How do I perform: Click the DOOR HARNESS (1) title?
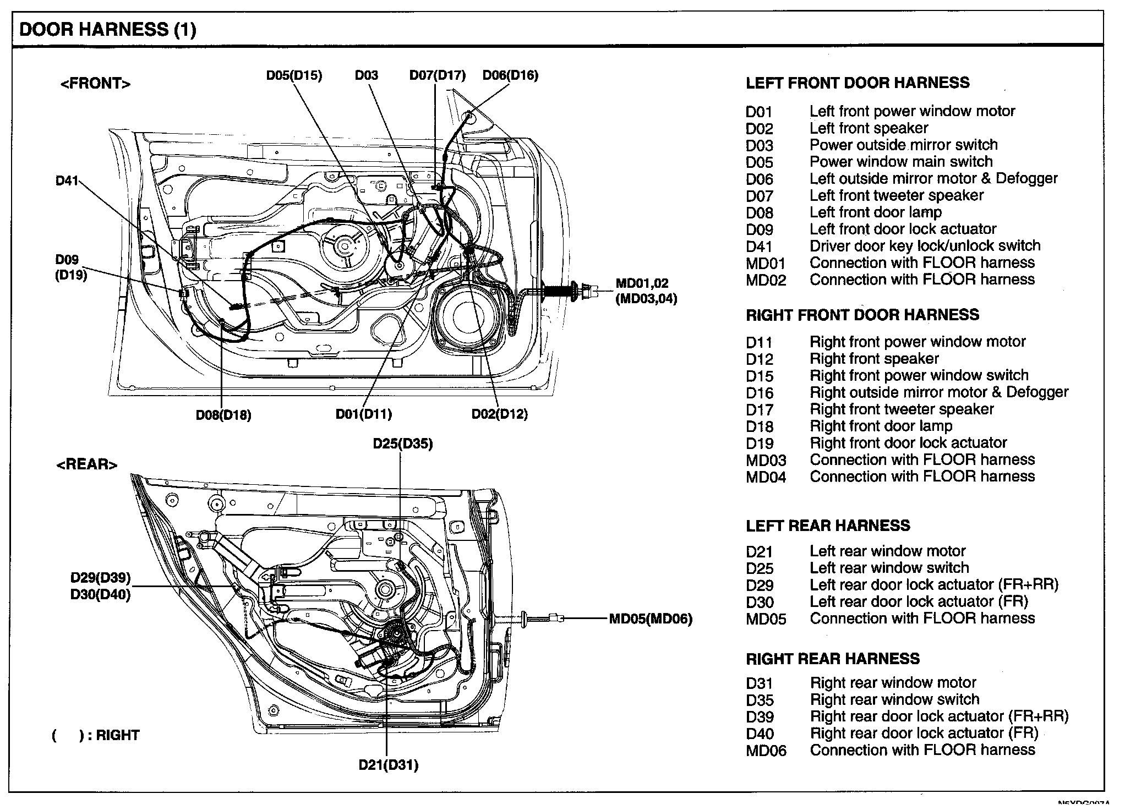108,29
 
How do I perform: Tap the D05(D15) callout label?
294,75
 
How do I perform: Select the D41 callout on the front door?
67,180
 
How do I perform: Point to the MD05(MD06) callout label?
650,619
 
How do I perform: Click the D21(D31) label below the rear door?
388,765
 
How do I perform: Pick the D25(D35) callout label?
402,444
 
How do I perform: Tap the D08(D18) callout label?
223,415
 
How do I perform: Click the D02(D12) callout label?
499,414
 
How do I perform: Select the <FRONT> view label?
95,84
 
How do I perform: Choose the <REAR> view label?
87,464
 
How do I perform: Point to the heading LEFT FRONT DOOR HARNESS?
858,83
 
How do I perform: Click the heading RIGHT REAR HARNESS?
833,659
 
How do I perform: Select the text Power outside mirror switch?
903,145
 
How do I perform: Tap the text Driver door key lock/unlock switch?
925,246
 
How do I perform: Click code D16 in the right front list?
760,393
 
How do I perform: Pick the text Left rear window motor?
887,551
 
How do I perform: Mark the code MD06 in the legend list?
766,751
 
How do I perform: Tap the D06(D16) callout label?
510,75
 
